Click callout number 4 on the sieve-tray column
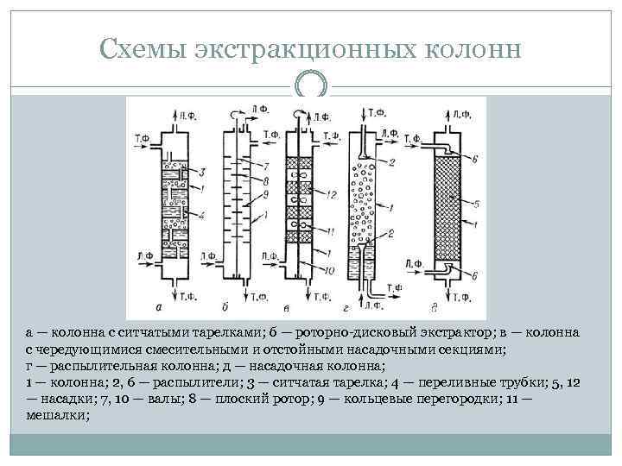tap(200, 213)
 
